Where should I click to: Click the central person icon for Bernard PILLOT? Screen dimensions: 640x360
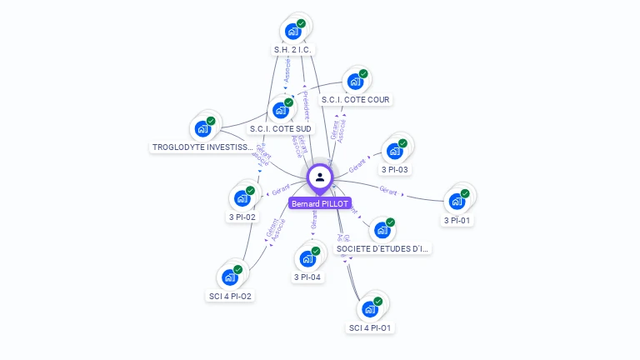point(320,177)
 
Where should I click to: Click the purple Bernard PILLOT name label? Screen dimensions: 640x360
point(320,203)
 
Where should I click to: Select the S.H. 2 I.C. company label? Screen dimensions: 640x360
point(293,50)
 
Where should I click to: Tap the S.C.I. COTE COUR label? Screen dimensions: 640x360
point(355,100)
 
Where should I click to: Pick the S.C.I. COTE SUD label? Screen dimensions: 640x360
point(280,129)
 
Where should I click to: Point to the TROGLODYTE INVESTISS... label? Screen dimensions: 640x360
point(202,147)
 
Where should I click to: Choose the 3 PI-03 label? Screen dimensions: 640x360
point(394,170)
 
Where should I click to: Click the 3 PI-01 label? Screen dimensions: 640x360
point(457,221)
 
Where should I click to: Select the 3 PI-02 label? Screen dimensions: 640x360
point(242,217)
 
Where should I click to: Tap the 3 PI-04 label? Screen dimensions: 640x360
point(307,277)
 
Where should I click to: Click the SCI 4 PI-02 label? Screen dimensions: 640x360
point(229,296)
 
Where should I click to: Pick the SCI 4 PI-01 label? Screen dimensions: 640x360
point(370,327)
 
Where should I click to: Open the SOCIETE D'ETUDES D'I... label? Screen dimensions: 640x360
point(383,248)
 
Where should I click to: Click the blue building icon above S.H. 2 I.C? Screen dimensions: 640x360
point(292,31)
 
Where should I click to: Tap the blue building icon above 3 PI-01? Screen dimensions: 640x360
point(456,201)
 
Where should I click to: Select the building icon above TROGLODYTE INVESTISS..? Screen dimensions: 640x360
point(202,128)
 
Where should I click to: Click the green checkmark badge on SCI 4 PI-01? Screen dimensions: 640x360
point(377,301)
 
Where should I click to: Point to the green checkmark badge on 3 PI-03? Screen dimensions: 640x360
point(402,143)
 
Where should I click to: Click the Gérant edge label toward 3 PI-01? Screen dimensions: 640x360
point(388,190)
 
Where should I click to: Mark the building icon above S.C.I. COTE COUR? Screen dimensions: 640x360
point(355,82)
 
